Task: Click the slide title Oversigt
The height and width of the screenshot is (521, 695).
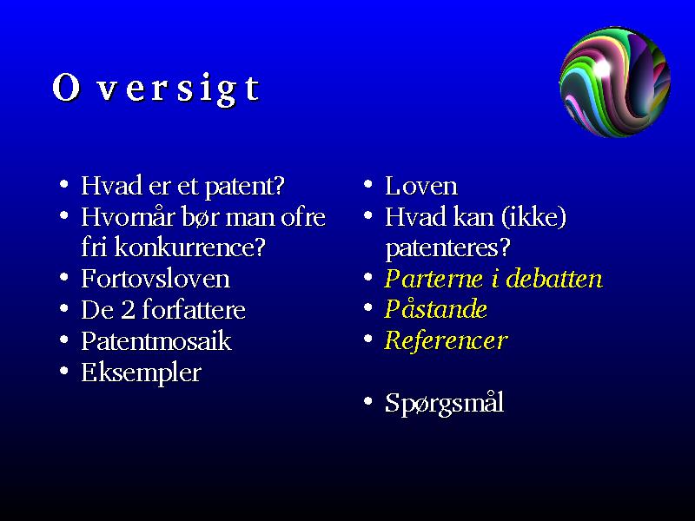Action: click(x=156, y=89)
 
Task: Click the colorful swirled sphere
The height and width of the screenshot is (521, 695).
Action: click(x=615, y=82)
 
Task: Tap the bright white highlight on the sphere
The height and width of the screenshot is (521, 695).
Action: click(x=601, y=68)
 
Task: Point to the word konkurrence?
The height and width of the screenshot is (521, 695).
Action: click(x=189, y=247)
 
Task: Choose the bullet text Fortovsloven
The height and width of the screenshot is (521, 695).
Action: click(x=156, y=279)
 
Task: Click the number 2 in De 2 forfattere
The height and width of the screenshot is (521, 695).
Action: click(x=128, y=310)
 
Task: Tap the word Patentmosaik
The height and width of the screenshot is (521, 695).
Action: click(x=156, y=340)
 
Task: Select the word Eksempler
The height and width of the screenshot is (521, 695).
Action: click(x=141, y=373)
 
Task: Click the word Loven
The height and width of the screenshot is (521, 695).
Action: click(x=421, y=186)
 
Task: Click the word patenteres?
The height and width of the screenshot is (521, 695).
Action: click(x=447, y=248)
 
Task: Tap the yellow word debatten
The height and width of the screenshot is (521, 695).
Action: click(x=554, y=279)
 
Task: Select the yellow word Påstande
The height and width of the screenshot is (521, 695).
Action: click(x=436, y=308)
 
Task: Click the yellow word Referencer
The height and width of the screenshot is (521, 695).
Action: click(x=446, y=340)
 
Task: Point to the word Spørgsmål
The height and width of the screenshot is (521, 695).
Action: click(x=444, y=404)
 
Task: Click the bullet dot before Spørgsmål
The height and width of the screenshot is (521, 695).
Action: click(x=367, y=401)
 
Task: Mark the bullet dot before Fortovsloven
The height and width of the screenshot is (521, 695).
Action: click(x=64, y=277)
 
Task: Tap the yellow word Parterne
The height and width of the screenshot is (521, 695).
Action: click(x=434, y=279)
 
